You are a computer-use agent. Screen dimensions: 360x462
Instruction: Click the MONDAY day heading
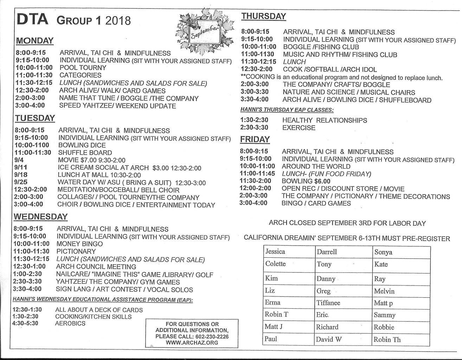point(34,41)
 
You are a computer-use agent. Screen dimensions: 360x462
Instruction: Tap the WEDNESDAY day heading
point(40,217)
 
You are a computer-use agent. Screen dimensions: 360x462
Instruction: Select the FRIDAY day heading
point(255,140)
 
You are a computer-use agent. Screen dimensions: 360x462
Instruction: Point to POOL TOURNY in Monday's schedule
point(83,68)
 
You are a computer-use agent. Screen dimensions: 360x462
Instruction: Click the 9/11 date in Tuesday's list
point(21,168)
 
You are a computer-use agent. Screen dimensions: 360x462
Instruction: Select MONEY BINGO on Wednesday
point(79,244)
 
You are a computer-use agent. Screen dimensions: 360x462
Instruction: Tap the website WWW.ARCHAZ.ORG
point(192,343)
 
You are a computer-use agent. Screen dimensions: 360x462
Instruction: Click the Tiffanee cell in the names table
point(328,303)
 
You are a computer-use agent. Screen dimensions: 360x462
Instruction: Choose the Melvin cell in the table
point(384,291)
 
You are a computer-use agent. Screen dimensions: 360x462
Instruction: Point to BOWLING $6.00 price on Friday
point(306,181)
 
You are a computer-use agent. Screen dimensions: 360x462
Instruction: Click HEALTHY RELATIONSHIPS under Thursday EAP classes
point(325,121)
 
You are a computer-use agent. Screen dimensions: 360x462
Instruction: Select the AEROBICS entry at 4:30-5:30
point(70,323)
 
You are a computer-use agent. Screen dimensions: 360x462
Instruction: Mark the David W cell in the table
point(329,340)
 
